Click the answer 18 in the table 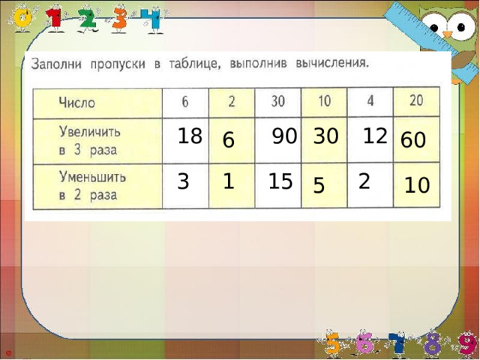coord(190,136)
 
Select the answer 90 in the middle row coord(284,136)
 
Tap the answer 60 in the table coord(413,140)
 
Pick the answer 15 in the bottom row coord(280,181)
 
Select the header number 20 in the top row coord(416,100)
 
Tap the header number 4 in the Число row coord(370,101)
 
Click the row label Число coord(77,103)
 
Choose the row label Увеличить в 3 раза coord(93,139)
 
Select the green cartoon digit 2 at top coord(88,16)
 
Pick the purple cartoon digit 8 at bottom coord(432,343)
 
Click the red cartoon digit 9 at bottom coord(466,343)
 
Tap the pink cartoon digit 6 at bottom coord(365,343)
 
